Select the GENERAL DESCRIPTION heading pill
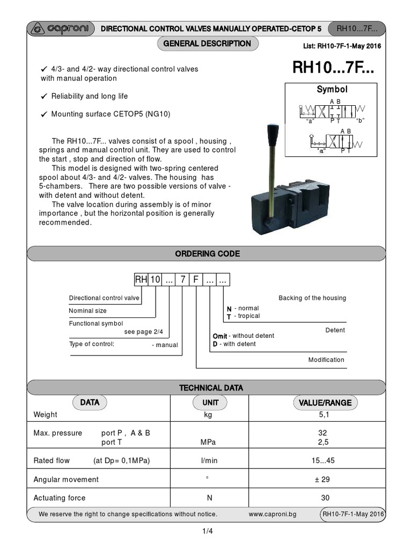tap(207, 44)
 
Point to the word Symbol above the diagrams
tap(332, 90)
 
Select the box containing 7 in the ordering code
tap(183, 280)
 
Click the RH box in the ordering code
tap(141, 280)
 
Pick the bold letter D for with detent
tap(215, 344)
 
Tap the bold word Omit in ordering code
tap(220, 336)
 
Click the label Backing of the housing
tap(312, 298)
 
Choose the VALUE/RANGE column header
tap(325, 402)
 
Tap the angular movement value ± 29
tap(325, 479)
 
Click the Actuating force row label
tap(60, 498)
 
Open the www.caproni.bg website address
tap(273, 514)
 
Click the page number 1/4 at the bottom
tap(207, 532)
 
